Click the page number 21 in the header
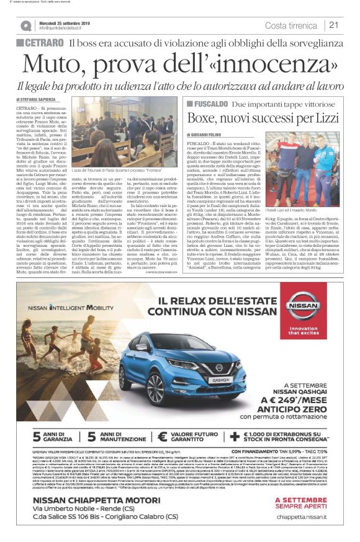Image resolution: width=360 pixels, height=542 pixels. [334, 25]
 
